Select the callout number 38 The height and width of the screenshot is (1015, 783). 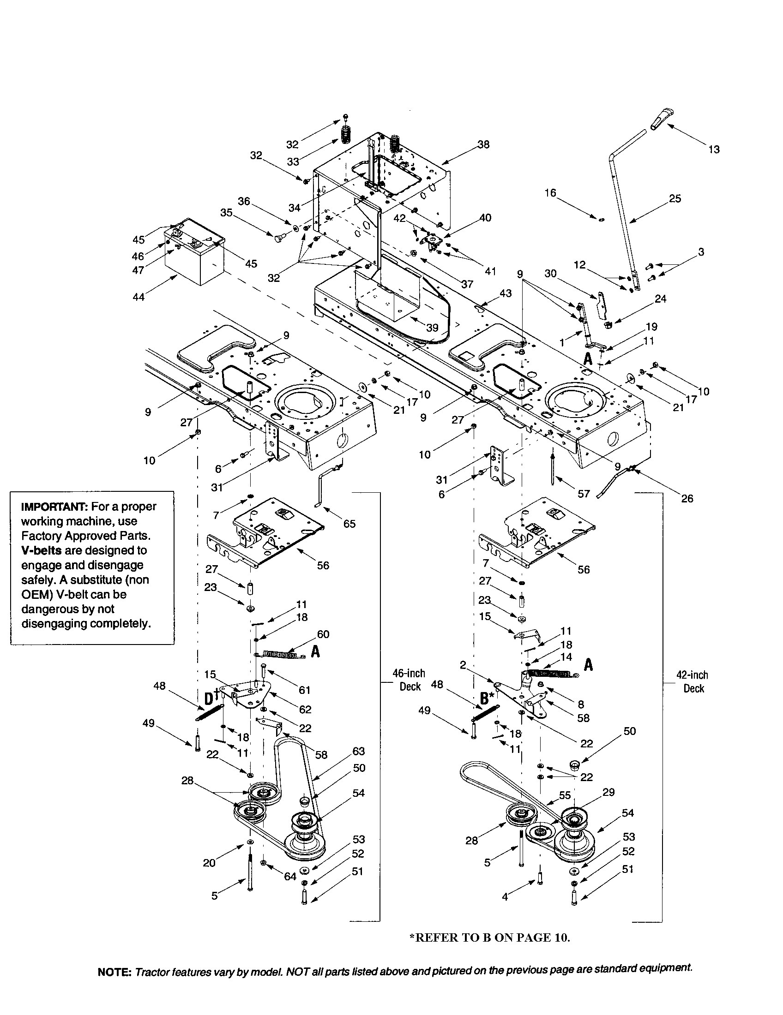pos(483,144)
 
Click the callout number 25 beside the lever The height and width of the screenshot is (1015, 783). pos(675,198)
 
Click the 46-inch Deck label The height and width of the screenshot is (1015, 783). pos(410,680)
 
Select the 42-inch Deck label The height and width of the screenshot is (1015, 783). pos(693,681)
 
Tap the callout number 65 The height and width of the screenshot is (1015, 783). pos(349,524)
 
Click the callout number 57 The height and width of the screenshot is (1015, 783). pos(584,494)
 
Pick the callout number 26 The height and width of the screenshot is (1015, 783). pos(687,499)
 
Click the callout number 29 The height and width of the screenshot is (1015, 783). pos(608,792)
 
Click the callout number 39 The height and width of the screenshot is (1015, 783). pos(433,328)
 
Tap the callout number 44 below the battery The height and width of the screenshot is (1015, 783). pos(138,297)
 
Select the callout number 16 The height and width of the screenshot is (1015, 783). pos(550,192)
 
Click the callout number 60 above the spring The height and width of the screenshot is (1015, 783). pos(323,634)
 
